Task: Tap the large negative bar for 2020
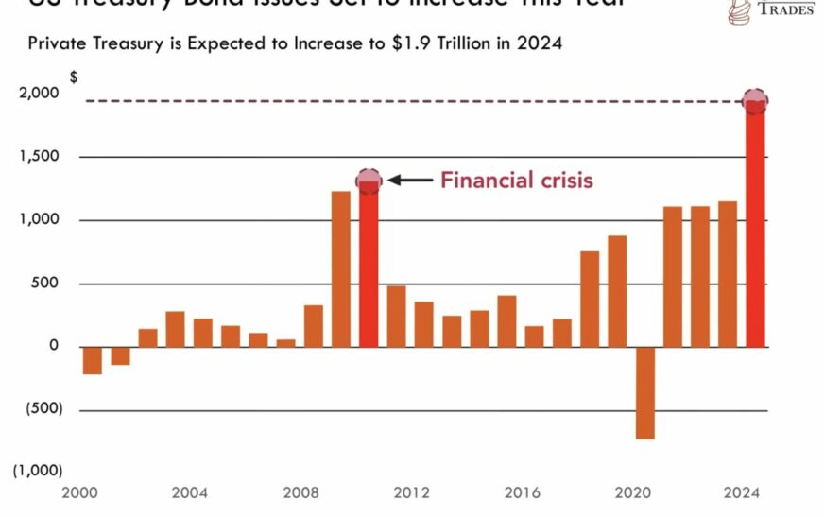coord(644,393)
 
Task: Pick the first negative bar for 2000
coord(92,361)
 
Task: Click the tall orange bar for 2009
coord(341,269)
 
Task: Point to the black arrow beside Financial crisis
coord(408,180)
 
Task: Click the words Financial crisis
coord(516,179)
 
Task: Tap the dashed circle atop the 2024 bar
coord(754,100)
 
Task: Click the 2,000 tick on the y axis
coord(39,93)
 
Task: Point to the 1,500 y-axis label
coord(39,157)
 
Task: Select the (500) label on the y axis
coord(39,409)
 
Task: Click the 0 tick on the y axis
coord(54,346)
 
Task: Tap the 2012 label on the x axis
coord(411,493)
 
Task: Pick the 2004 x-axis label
coord(189,493)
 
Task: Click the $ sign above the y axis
coord(74,76)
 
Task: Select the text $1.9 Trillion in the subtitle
coord(434,43)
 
